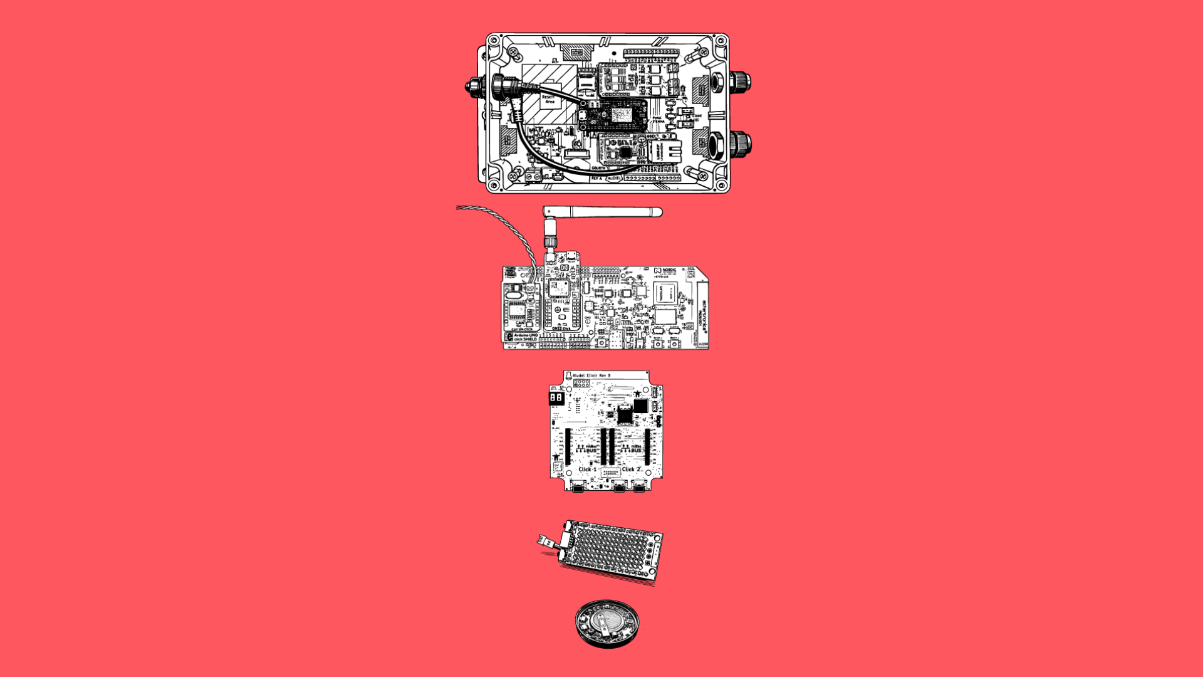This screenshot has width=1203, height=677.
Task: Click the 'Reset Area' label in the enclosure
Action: click(x=549, y=100)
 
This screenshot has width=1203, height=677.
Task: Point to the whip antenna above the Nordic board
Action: click(x=601, y=212)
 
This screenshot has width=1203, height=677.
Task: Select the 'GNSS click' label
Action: click(x=561, y=328)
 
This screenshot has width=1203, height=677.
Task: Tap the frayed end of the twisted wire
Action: click(x=459, y=207)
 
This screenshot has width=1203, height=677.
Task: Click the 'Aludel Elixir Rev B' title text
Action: click(x=591, y=375)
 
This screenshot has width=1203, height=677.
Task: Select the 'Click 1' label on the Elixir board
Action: click(x=587, y=469)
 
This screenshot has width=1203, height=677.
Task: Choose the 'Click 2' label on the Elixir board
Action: click(x=631, y=469)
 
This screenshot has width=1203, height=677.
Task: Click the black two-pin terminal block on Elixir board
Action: click(x=556, y=398)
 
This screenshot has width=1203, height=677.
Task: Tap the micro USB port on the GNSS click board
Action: click(x=570, y=257)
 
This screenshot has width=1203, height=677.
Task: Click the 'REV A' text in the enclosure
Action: click(x=596, y=179)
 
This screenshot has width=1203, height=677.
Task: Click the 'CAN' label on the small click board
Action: click(x=519, y=323)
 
